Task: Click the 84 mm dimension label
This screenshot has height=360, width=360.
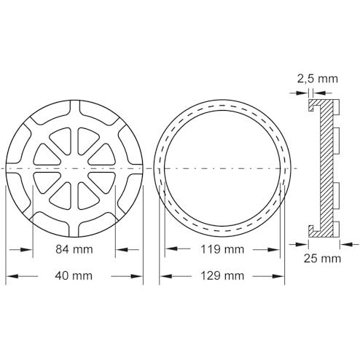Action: click(x=74, y=249)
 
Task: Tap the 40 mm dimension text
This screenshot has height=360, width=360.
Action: click(x=74, y=276)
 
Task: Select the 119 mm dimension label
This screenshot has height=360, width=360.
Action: click(x=222, y=249)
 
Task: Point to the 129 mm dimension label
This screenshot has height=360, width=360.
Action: click(x=222, y=276)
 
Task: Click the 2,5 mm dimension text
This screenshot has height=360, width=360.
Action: click(x=318, y=79)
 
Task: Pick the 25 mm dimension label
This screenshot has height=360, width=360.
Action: click(x=322, y=259)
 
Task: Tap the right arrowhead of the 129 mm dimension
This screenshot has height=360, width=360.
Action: click(x=278, y=276)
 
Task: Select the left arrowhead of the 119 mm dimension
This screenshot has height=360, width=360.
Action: click(x=171, y=249)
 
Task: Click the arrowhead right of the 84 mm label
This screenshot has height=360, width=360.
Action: click(x=122, y=249)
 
